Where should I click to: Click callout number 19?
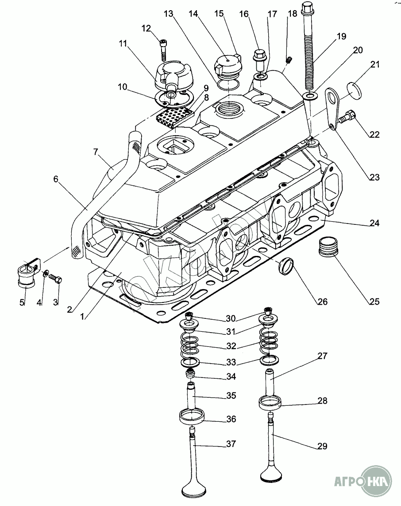341,36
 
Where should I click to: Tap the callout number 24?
374,223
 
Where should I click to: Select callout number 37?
231,444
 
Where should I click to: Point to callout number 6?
56,179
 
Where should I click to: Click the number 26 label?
322,302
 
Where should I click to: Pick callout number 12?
147,29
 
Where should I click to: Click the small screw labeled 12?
163,48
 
